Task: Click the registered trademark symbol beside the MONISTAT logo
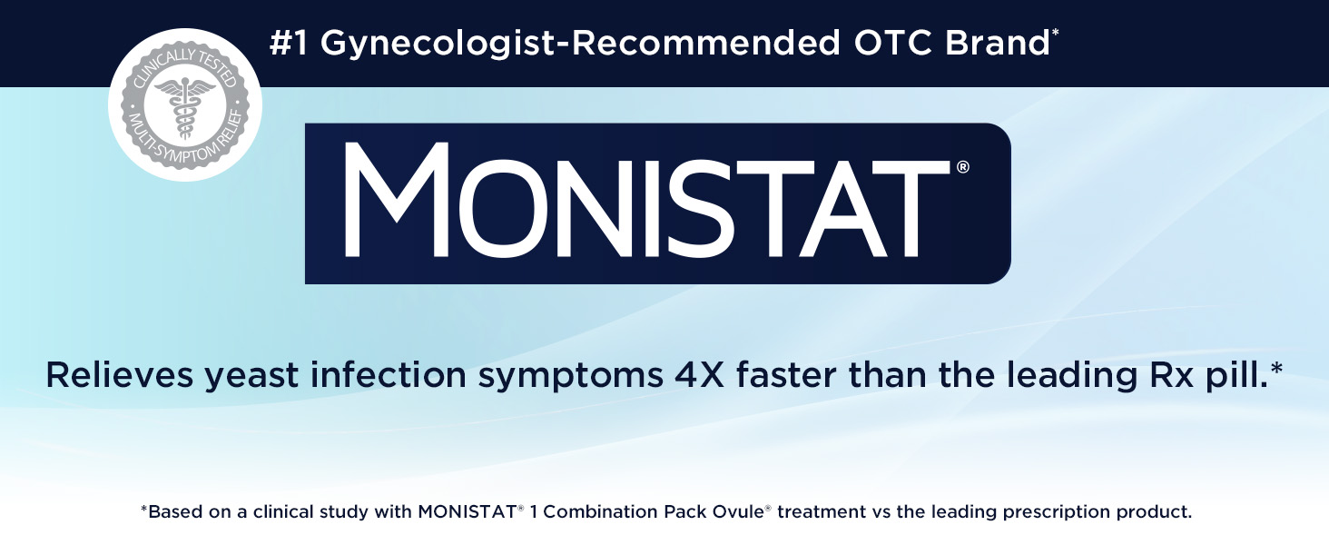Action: (963, 167)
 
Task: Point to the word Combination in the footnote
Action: (600, 512)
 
